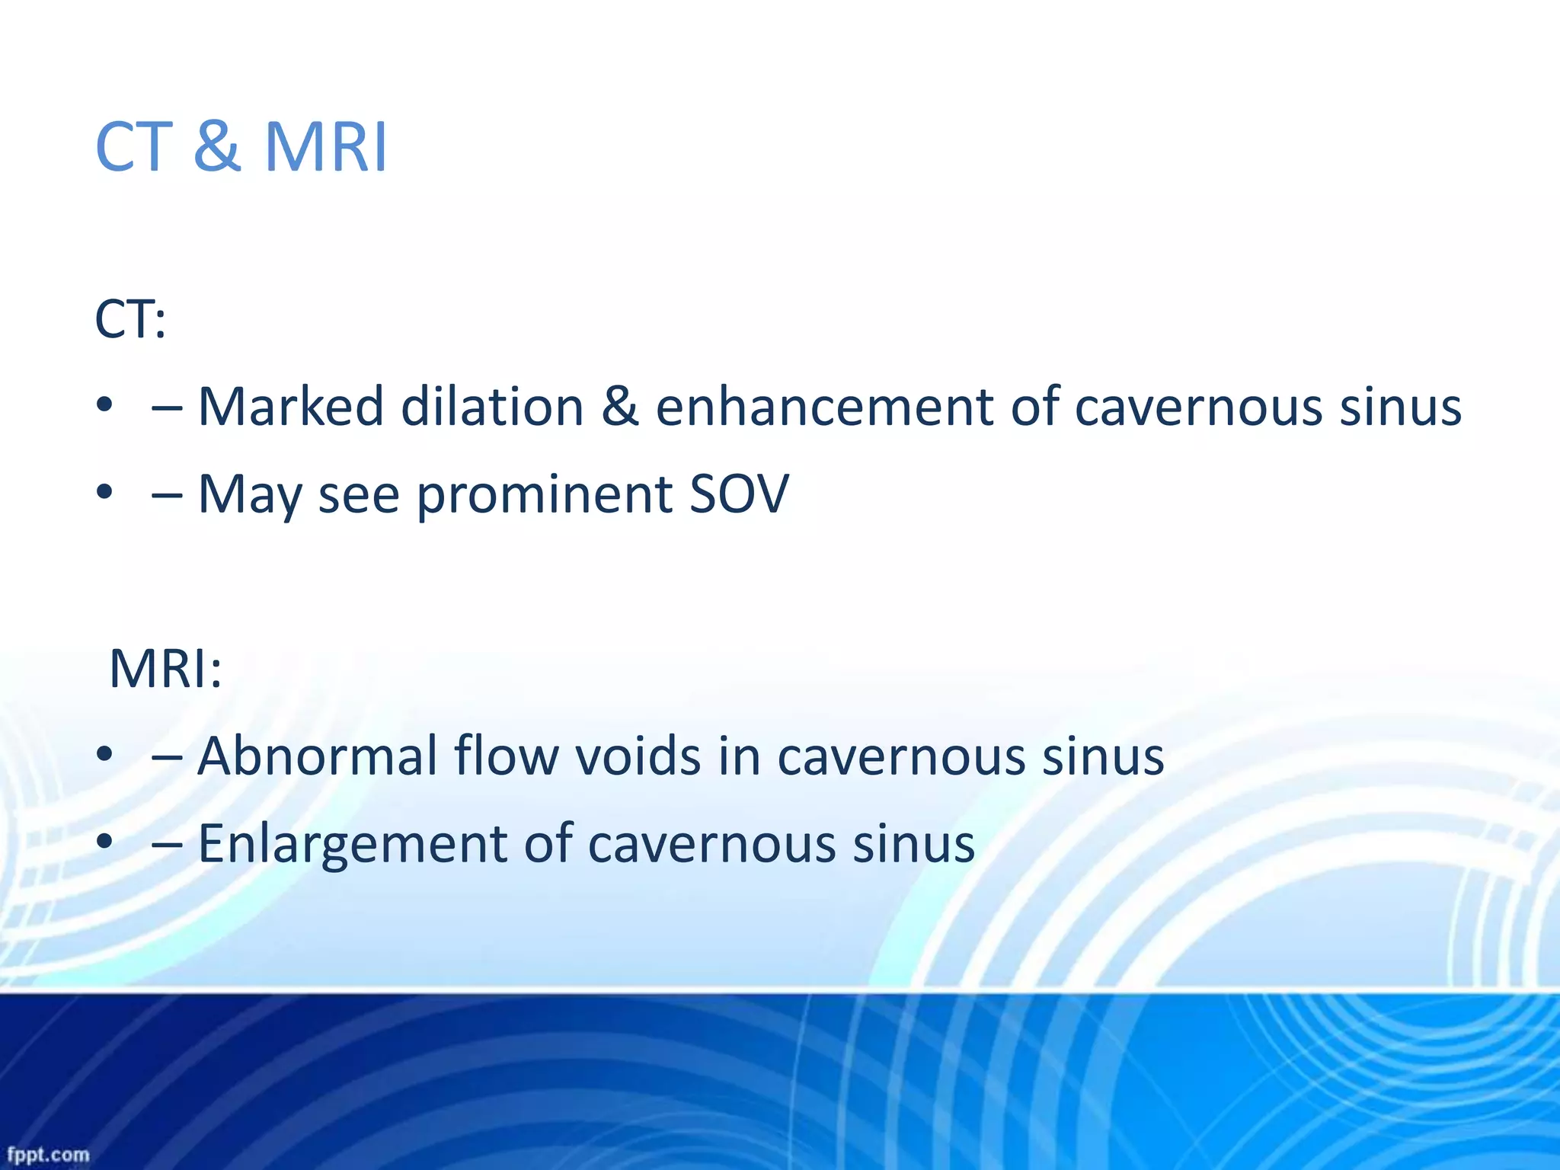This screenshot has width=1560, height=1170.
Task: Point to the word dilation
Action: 492,406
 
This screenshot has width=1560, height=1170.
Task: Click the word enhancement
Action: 824,406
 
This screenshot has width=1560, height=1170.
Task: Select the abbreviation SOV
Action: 739,494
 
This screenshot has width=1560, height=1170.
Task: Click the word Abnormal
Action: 317,756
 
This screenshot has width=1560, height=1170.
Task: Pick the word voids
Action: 637,756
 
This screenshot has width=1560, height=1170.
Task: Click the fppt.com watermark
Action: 47,1154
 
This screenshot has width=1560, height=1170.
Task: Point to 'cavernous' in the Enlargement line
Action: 711,844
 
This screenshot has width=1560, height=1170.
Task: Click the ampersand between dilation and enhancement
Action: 619,406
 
